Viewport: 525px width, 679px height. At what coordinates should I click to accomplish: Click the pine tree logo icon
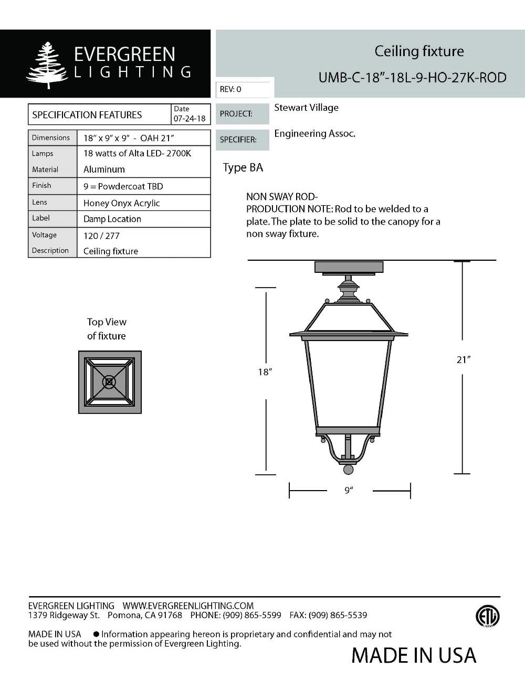(47, 65)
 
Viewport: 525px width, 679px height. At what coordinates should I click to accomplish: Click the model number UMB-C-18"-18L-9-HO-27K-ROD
(412, 78)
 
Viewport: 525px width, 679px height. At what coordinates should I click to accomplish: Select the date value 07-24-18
(190, 119)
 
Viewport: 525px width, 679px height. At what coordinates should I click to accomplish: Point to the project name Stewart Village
(306, 108)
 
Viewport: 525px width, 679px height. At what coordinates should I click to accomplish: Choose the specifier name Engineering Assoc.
(314, 134)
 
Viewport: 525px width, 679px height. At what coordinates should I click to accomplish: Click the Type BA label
(243, 167)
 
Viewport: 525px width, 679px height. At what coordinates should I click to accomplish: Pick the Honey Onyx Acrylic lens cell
(122, 203)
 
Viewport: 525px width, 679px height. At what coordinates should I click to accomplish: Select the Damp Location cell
(112, 219)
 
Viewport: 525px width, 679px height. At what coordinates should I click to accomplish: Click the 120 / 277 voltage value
(101, 236)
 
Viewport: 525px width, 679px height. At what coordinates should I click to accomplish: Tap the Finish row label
(41, 185)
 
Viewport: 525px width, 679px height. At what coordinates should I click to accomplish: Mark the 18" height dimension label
(265, 372)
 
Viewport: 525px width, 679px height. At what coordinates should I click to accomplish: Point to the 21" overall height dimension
(463, 359)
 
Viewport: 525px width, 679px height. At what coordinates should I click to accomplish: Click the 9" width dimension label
(349, 490)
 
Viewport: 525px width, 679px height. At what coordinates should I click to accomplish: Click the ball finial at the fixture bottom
(348, 469)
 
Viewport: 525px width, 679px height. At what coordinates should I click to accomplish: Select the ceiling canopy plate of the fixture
(349, 267)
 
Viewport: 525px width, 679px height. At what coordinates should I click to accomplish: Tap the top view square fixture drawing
(110, 382)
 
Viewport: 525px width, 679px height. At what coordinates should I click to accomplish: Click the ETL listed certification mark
(488, 617)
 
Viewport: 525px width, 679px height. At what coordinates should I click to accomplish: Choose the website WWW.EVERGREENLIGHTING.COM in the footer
(188, 606)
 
